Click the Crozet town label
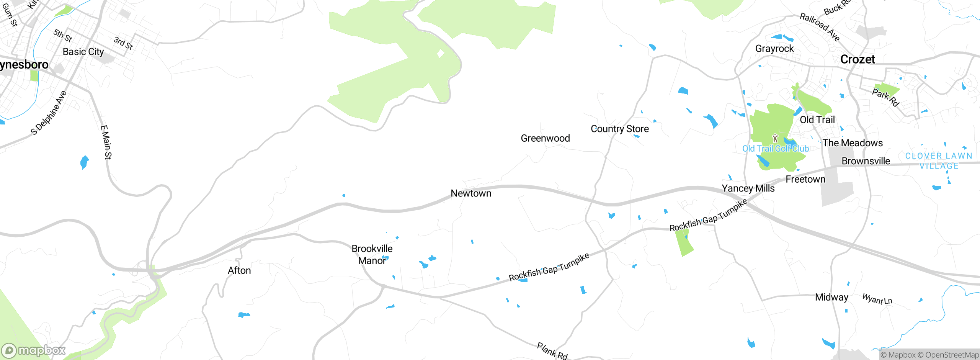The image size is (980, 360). [857, 59]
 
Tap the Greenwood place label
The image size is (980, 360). [545, 138]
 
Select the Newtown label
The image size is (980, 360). [471, 193]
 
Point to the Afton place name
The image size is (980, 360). [239, 271]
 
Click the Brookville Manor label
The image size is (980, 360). [372, 255]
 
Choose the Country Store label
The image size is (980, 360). [619, 129]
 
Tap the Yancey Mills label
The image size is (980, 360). [748, 188]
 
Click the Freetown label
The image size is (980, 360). [805, 179]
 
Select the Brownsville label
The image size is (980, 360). [866, 161]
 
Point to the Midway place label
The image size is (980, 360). [831, 298]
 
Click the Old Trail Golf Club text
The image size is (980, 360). [775, 149]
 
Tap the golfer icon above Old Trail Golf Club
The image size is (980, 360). [775, 138]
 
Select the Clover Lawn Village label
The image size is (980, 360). [939, 161]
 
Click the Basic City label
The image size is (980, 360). [83, 52]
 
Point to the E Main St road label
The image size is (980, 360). [106, 142]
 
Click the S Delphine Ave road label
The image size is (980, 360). [49, 113]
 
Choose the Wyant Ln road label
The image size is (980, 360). [877, 299]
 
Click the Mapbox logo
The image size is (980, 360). [34, 350]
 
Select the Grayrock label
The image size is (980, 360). [774, 49]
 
